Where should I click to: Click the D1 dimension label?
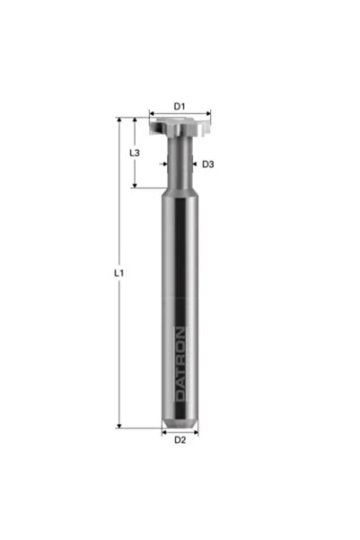point(180,106)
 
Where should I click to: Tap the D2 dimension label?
point(180,439)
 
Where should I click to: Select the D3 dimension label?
point(208,164)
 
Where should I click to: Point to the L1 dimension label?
point(119,273)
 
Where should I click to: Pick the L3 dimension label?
point(135,153)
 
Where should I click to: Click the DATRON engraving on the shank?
point(180,365)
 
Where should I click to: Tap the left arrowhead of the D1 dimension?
point(151,113)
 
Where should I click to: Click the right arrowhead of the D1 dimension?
point(208,113)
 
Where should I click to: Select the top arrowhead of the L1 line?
point(119,120)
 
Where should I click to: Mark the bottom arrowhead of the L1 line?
point(119,427)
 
